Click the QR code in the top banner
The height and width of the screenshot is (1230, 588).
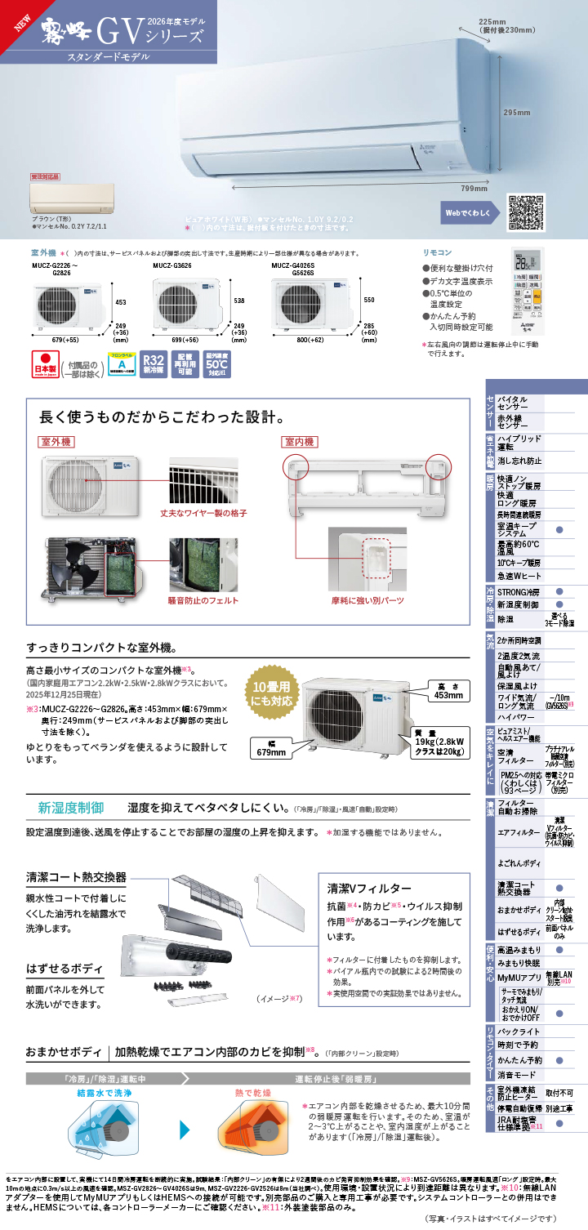(526, 212)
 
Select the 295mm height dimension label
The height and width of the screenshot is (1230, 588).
(516, 112)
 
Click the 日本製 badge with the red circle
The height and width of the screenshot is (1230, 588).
(45, 363)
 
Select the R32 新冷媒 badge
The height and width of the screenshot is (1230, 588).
(154, 364)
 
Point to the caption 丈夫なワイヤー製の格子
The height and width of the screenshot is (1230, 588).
(203, 513)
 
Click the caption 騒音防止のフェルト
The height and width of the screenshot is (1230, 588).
(203, 600)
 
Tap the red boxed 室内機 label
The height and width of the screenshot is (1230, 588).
(300, 442)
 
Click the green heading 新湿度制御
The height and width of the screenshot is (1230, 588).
(71, 808)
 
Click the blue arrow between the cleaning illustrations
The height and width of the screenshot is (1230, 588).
(185, 1130)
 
